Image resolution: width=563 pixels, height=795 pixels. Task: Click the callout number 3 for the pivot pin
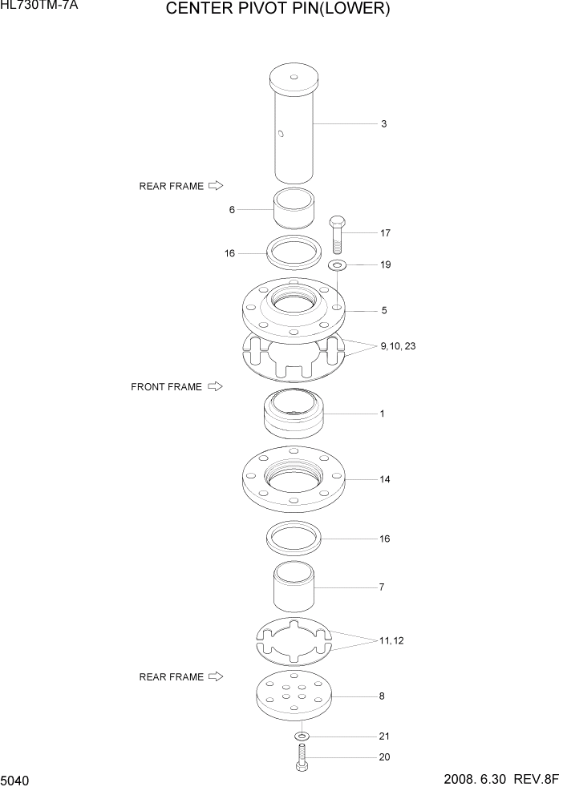point(383,124)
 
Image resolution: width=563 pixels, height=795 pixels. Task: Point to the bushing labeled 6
point(294,210)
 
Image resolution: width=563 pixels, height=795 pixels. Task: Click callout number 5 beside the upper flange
point(383,310)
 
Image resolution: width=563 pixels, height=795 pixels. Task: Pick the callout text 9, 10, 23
point(399,346)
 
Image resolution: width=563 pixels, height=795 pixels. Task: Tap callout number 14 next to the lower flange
point(385,479)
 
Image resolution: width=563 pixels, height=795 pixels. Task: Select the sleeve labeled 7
point(294,588)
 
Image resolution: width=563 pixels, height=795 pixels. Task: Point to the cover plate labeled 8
point(294,696)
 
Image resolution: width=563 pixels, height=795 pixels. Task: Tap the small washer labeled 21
point(301,736)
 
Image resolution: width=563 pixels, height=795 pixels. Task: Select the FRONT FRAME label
point(166,387)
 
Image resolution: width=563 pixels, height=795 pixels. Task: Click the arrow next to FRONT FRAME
point(214,386)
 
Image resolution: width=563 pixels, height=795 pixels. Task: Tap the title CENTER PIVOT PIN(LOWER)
point(277,10)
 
